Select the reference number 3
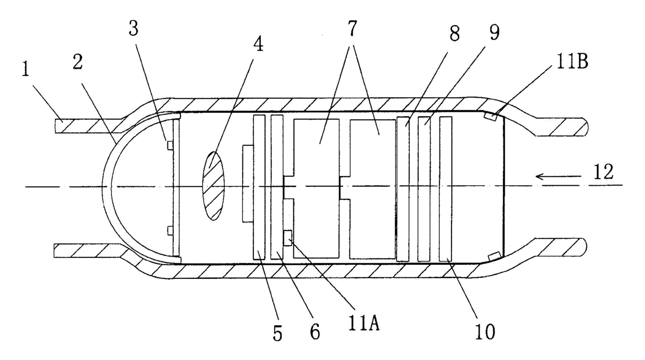click(134, 30)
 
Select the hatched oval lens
click(213, 185)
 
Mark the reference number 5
click(277, 332)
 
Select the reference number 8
click(454, 35)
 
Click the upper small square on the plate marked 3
click(169, 144)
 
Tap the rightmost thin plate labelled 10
click(445, 188)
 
